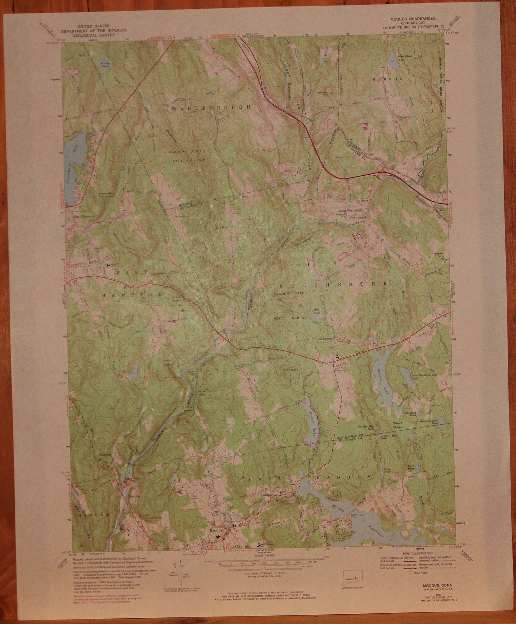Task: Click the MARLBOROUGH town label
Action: [x=211, y=108]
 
